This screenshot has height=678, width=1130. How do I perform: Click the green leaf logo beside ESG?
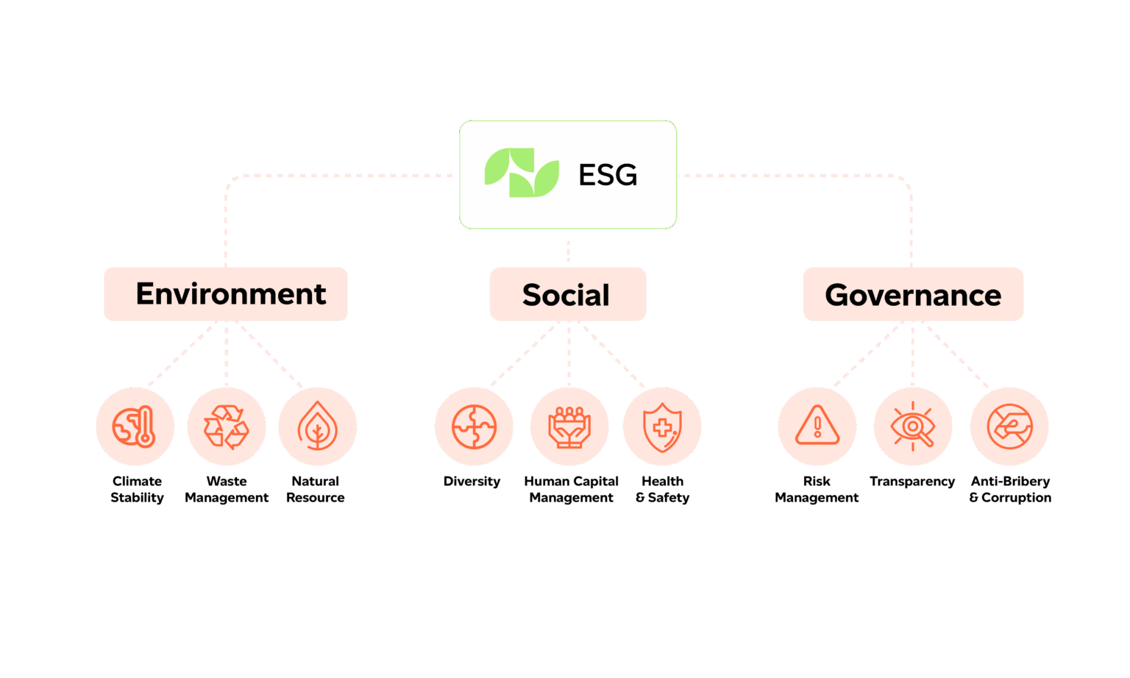(x=522, y=173)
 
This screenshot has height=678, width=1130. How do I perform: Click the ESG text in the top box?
(x=608, y=175)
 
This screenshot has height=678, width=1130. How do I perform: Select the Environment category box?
(x=226, y=294)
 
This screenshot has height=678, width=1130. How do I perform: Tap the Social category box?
(x=567, y=295)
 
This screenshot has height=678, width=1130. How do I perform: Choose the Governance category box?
(x=913, y=295)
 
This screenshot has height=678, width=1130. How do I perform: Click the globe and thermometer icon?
(x=135, y=427)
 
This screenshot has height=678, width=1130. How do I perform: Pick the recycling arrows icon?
(x=226, y=427)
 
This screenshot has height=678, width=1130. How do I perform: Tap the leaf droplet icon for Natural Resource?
(x=317, y=427)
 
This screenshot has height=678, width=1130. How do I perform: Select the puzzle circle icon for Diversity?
(x=474, y=427)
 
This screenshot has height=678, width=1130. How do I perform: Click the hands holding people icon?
(x=569, y=427)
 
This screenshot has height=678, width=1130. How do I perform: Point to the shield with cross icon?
(x=662, y=427)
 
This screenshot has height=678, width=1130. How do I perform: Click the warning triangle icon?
(x=817, y=427)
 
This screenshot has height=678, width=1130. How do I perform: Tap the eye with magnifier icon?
(x=913, y=427)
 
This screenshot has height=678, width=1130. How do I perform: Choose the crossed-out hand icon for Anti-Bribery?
(x=1009, y=427)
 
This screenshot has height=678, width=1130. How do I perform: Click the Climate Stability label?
(x=137, y=489)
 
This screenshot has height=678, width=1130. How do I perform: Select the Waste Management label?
(x=227, y=489)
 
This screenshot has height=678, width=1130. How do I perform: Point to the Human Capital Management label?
(x=572, y=489)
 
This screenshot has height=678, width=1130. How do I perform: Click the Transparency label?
(x=912, y=482)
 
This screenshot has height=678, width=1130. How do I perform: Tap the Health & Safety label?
(x=663, y=489)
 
